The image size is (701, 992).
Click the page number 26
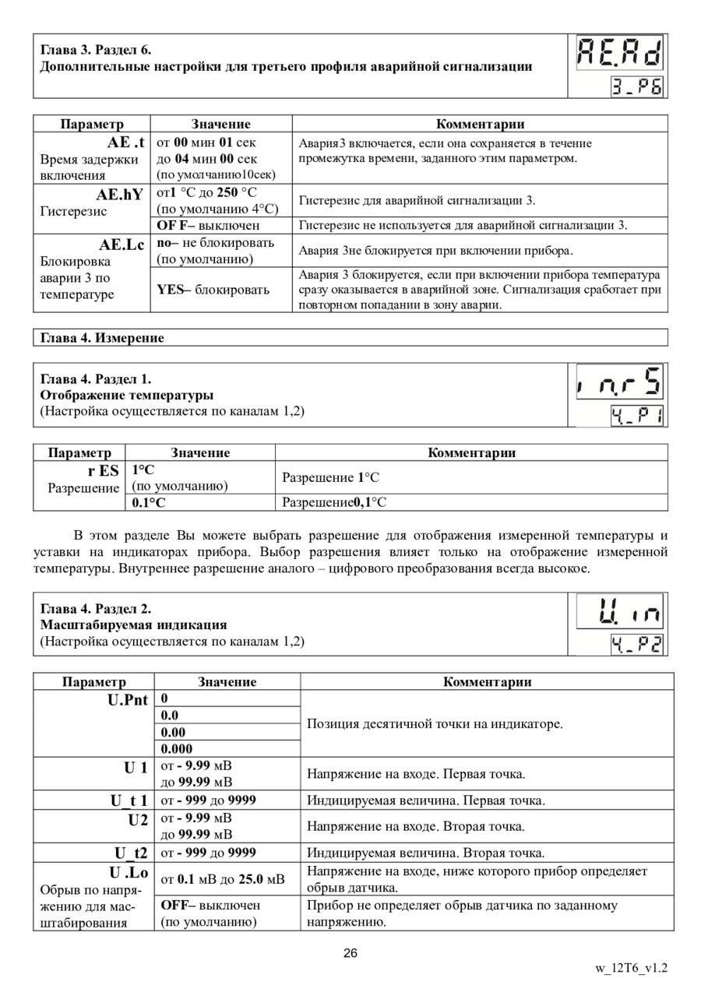coord(350,953)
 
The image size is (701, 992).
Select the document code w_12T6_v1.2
coord(631,969)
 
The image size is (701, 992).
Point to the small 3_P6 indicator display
coord(637,86)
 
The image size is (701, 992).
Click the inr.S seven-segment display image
coord(620,382)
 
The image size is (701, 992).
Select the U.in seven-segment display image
coord(620,611)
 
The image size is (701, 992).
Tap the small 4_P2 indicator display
coord(637,644)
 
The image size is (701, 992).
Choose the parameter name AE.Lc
coord(122,244)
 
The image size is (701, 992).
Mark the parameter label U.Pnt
coord(128,699)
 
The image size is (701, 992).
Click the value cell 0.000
coord(178,749)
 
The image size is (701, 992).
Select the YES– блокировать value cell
coord(213,290)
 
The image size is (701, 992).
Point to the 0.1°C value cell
coord(149,502)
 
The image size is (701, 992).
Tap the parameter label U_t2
coord(131,853)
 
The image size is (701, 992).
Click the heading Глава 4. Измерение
coord(102,338)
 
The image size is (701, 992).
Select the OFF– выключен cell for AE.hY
coord(208,226)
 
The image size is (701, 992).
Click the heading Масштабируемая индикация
coord(133,624)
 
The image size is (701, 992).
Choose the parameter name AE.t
coord(125,143)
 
